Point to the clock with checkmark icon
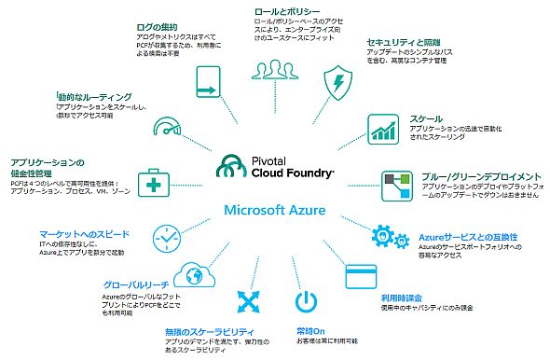(164, 239)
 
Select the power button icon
(307, 302)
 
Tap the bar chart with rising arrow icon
(383, 129)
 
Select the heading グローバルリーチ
(137, 284)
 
